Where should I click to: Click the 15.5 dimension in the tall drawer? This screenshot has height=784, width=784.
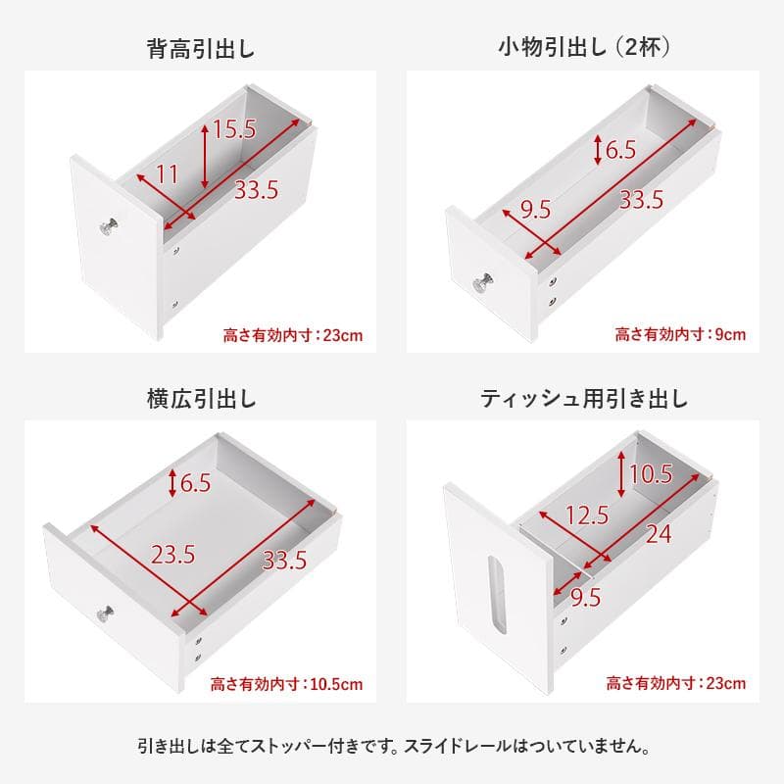(x=234, y=127)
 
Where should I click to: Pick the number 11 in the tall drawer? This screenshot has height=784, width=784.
(x=167, y=175)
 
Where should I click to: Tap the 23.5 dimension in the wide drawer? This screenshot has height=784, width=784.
(x=172, y=554)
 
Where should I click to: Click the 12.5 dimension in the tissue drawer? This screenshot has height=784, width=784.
(x=588, y=514)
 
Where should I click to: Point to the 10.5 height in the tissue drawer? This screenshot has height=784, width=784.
(x=651, y=475)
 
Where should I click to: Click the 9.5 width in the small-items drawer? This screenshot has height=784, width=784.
(x=535, y=209)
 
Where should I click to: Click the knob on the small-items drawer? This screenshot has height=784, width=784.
(x=484, y=285)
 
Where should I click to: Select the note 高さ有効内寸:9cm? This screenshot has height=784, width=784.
(x=680, y=335)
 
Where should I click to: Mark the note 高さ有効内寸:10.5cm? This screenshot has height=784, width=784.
(x=287, y=684)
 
